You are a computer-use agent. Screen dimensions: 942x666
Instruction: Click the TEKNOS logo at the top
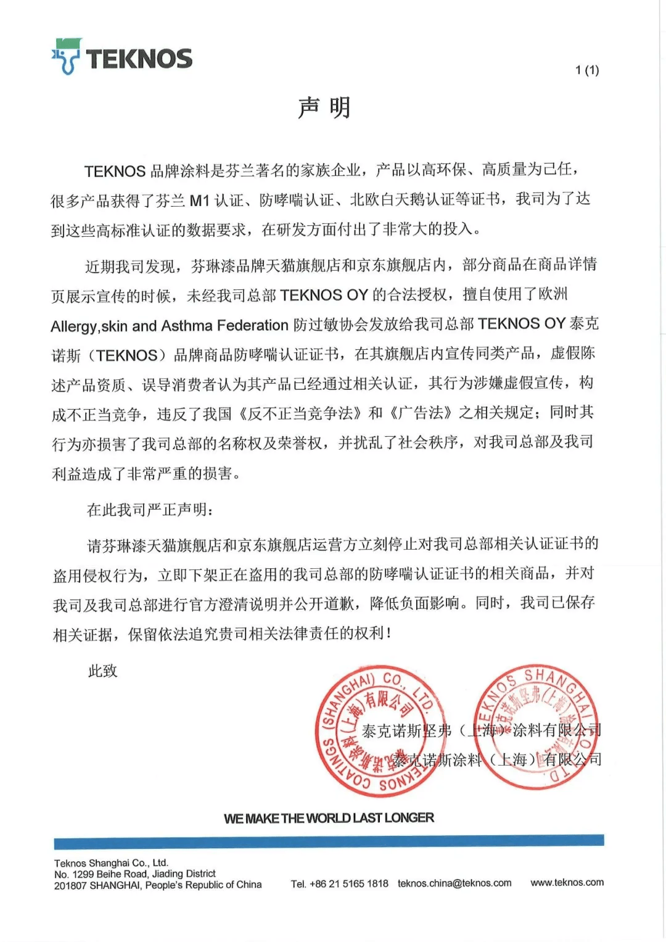121,57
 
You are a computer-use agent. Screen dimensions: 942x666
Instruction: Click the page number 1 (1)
586,70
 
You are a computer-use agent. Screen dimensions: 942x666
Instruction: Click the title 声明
324,108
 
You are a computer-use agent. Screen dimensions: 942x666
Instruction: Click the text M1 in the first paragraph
199,200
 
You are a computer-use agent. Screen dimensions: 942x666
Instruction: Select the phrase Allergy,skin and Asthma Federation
169,325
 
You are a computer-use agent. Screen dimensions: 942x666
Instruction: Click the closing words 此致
102,671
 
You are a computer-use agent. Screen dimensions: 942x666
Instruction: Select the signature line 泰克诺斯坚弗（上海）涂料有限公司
481,731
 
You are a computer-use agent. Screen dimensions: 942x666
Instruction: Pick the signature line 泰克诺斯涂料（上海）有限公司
496,760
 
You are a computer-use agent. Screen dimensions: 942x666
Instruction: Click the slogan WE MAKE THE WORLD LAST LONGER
329,818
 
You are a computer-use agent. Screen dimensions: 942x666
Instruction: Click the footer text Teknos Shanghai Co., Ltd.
111,863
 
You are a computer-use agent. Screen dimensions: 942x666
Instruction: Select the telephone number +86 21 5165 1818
348,883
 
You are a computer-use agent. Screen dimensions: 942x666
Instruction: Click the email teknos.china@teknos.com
454,883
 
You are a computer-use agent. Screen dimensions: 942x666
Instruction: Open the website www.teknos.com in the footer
567,882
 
